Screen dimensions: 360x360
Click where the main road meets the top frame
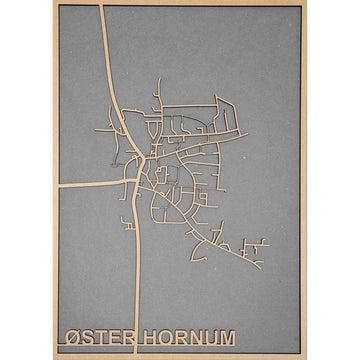pyautogui.click(x=103, y=7)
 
